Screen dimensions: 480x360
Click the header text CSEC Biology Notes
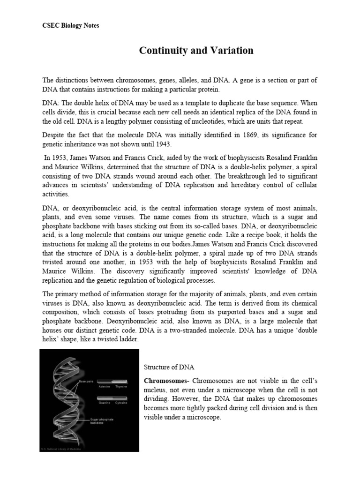pos(70,25)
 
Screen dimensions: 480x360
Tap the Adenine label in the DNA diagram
pos(104,386)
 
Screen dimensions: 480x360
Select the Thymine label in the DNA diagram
pos(120,386)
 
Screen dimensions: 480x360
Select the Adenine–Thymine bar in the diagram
pos(112,381)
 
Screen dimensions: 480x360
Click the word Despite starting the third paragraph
pos(53,135)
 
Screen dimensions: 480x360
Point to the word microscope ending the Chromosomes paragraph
pos(204,417)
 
